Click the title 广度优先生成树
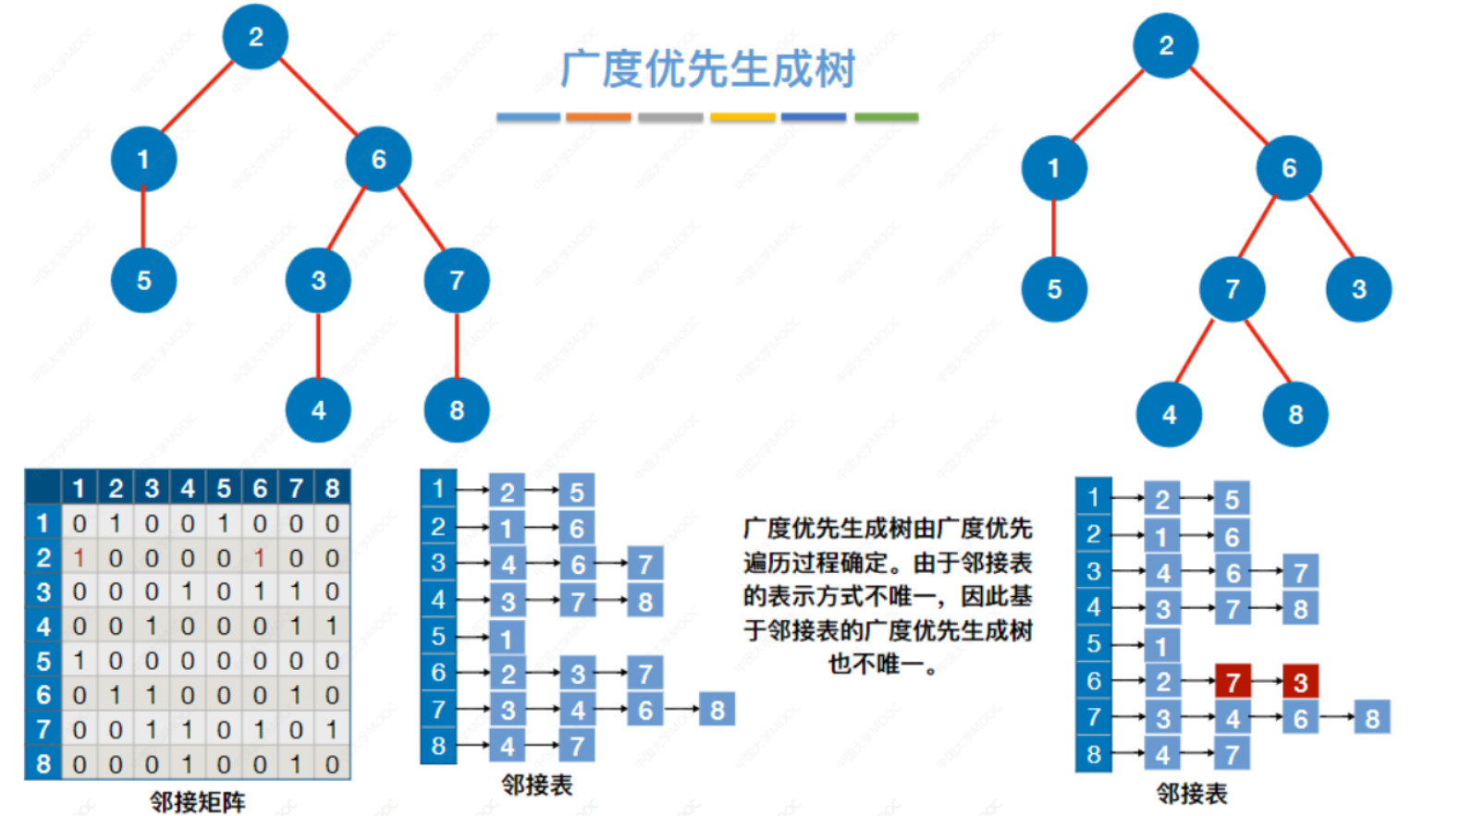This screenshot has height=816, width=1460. [707, 69]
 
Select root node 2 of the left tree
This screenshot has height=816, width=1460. [255, 37]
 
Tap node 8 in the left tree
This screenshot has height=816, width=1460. [457, 409]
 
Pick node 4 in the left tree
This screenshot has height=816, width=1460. [318, 409]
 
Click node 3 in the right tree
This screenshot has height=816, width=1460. [1358, 289]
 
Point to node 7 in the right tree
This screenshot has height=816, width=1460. [1232, 289]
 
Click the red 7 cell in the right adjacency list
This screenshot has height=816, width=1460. [1233, 682]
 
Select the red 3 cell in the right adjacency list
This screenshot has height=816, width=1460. [1300, 682]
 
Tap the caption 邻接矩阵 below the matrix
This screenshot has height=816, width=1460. [197, 801]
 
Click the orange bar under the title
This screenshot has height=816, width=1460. [598, 117]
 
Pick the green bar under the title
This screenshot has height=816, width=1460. [886, 117]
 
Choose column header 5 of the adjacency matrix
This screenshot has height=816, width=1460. [224, 488]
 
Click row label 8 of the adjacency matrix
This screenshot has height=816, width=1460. [43, 764]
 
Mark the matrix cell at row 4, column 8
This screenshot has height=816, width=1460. [332, 627]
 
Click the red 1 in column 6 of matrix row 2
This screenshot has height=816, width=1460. [260, 558]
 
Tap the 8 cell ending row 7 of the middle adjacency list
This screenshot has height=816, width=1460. [718, 710]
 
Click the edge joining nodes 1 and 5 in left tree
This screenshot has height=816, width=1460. [143, 220]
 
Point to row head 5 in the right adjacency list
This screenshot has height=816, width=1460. [1094, 644]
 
